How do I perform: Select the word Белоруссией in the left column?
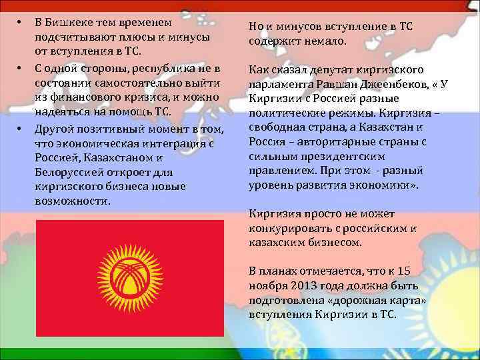click(66, 173)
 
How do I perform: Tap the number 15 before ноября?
click(417, 271)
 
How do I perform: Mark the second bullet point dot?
click(21, 69)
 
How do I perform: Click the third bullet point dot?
click(21, 127)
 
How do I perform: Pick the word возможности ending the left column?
click(73, 201)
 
